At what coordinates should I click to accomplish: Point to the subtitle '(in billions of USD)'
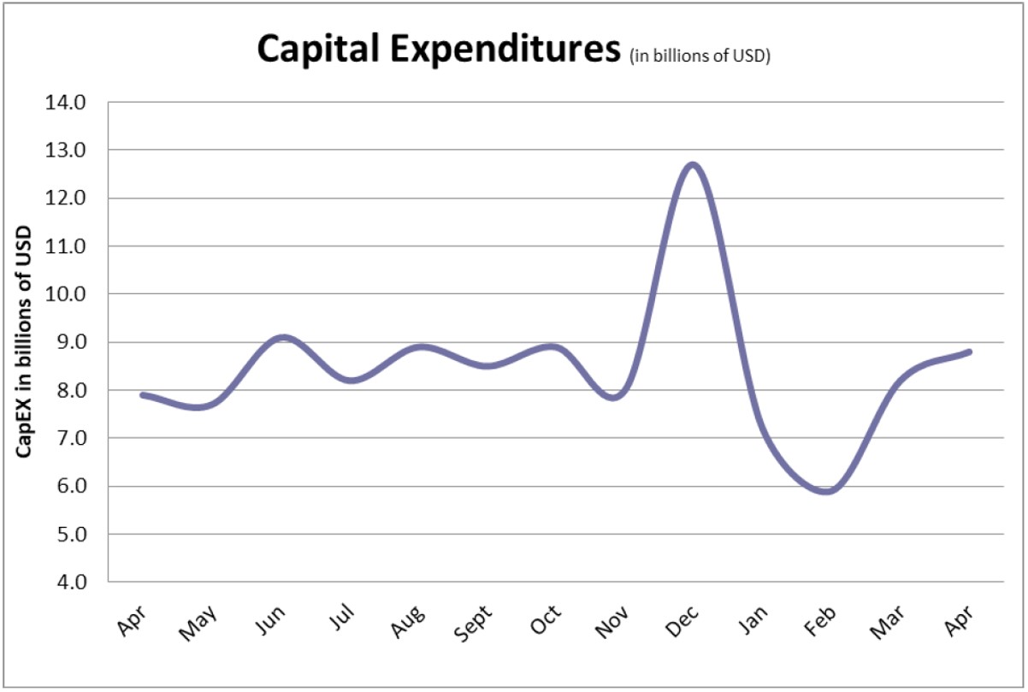click(x=700, y=56)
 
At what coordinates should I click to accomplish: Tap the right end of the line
click(x=969, y=352)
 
